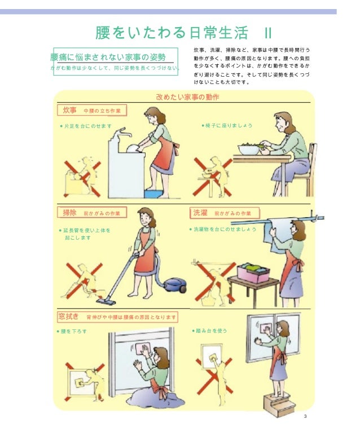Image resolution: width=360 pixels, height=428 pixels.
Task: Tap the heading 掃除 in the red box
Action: [x=69, y=213]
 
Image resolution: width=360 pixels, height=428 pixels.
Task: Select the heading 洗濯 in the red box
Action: [x=200, y=213]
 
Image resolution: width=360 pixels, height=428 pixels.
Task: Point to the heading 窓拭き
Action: [x=69, y=316]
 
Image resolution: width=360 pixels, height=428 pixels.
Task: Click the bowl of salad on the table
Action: [x=248, y=149]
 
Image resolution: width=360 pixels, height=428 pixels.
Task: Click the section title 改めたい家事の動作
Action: [x=187, y=97]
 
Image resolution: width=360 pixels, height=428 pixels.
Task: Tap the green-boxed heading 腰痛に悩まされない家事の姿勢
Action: [x=108, y=57]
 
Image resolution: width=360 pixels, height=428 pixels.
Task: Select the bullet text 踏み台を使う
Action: [x=212, y=330]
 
